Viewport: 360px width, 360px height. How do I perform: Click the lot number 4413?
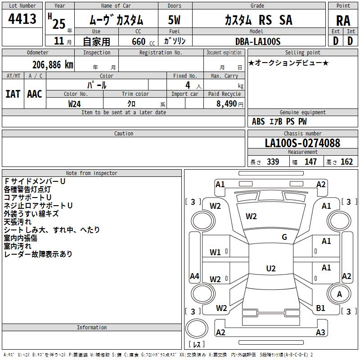22,19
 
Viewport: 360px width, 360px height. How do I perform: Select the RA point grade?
343,21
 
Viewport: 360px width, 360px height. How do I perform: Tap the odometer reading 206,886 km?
53,65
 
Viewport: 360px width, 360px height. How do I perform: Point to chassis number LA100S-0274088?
302,143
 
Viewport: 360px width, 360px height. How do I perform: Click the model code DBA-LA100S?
258,41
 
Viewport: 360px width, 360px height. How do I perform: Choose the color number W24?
74,104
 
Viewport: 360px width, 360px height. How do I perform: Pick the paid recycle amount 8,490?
226,103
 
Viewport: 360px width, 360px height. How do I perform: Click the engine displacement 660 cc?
143,41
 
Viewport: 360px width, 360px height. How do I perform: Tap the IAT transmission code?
13,94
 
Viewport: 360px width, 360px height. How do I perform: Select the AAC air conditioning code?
35,94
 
